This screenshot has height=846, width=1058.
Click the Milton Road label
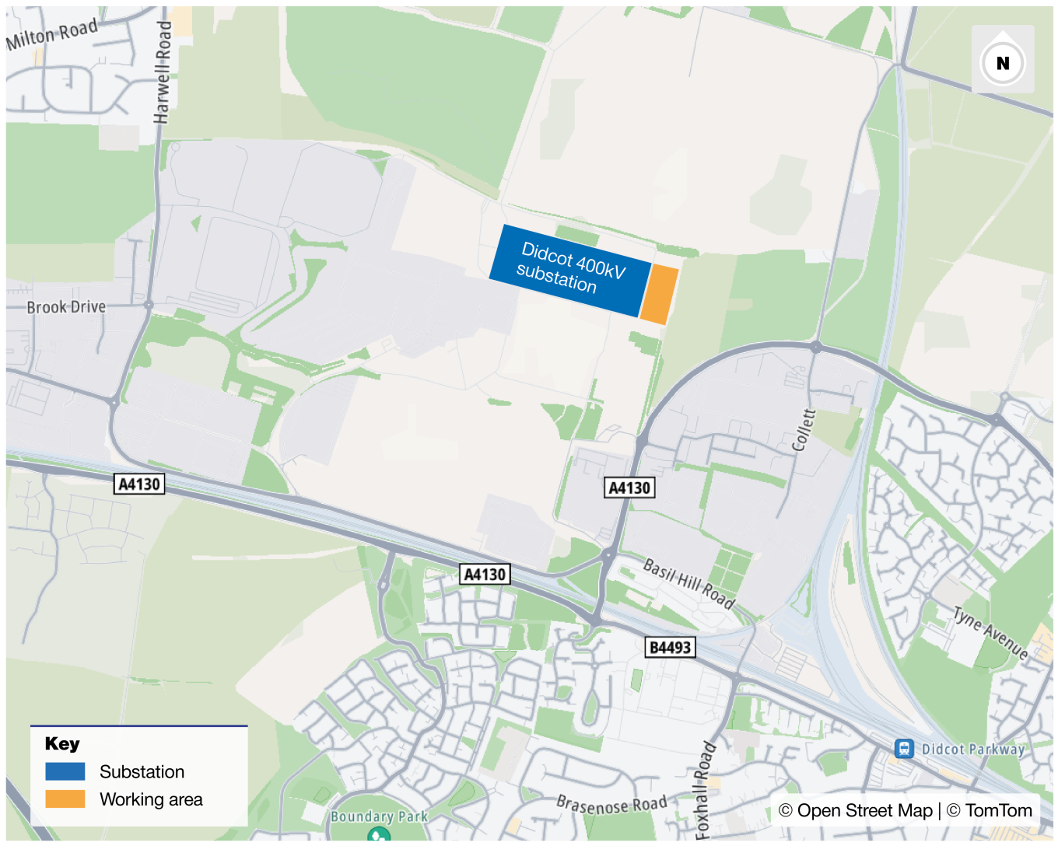pos(52,33)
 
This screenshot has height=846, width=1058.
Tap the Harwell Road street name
pos(163,72)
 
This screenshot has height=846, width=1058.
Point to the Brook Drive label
pos(66,307)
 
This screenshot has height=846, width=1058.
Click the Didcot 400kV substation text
pos(572,267)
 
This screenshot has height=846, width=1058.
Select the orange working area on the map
pos(659,293)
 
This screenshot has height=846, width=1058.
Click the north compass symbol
pos(1003,62)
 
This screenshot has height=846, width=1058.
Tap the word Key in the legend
pos(62,743)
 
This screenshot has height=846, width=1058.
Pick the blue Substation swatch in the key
pos(65,771)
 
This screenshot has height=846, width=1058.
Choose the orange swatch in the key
pos(65,799)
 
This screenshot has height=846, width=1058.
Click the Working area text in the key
pos(151,799)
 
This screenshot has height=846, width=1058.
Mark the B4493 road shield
pos(670,647)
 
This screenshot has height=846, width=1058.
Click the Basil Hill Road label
pos(688,583)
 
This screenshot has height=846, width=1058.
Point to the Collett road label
pos(804,430)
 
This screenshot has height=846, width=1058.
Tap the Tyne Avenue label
pos(990,633)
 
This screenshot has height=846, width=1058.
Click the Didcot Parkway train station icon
pos(903,749)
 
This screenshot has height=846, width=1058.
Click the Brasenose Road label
pos(611,804)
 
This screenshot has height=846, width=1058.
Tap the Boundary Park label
pos(379,816)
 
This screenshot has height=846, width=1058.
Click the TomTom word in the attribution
pos(998,810)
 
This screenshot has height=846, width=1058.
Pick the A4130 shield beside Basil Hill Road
pos(629,488)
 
